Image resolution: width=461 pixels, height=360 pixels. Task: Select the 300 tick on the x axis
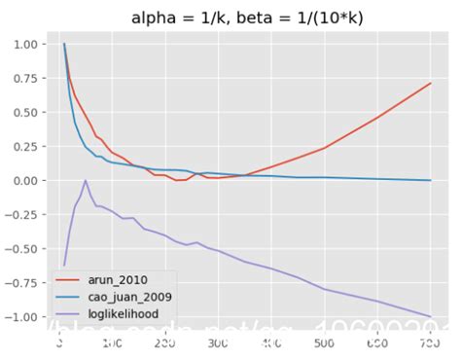271,343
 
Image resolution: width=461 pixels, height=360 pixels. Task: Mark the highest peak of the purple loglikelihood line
86,180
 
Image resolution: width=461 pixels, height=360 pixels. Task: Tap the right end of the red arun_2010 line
430,83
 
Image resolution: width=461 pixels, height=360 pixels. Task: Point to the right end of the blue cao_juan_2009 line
430,180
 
